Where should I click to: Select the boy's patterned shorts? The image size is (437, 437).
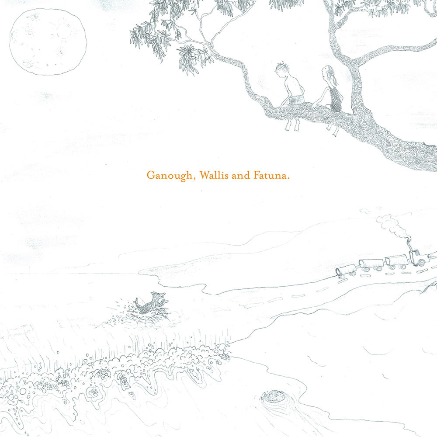point(297,99)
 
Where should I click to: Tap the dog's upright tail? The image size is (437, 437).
point(137,301)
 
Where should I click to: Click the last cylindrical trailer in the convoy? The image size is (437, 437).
point(347,271)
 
